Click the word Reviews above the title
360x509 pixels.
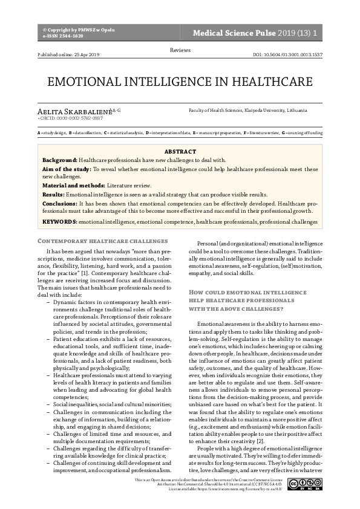(x=180, y=49)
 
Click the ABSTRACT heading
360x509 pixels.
(x=180, y=151)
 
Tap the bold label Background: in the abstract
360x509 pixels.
(x=60, y=160)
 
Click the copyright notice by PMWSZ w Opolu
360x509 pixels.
(x=79, y=30)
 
